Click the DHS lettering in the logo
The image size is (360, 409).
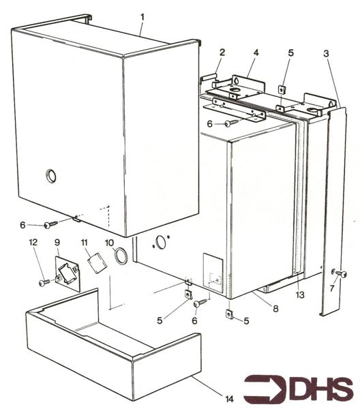pyautogui.click(x=320, y=389)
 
